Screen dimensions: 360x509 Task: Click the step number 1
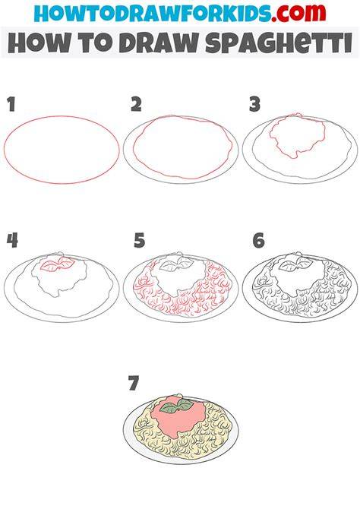click(x=11, y=105)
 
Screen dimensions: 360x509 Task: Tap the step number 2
click(x=137, y=105)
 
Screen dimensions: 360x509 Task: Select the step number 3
click(x=255, y=105)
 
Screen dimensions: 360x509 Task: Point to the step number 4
click(x=12, y=241)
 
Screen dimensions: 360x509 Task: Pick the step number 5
click(x=139, y=241)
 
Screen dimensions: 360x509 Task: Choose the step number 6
click(x=258, y=241)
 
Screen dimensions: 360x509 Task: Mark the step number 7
click(x=134, y=383)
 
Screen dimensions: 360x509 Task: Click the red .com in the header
click(x=298, y=14)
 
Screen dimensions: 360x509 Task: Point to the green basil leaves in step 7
click(x=177, y=406)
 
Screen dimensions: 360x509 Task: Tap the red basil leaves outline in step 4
click(x=57, y=264)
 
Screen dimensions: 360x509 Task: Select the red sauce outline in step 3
click(x=297, y=136)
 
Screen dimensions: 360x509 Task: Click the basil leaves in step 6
click(x=295, y=264)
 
